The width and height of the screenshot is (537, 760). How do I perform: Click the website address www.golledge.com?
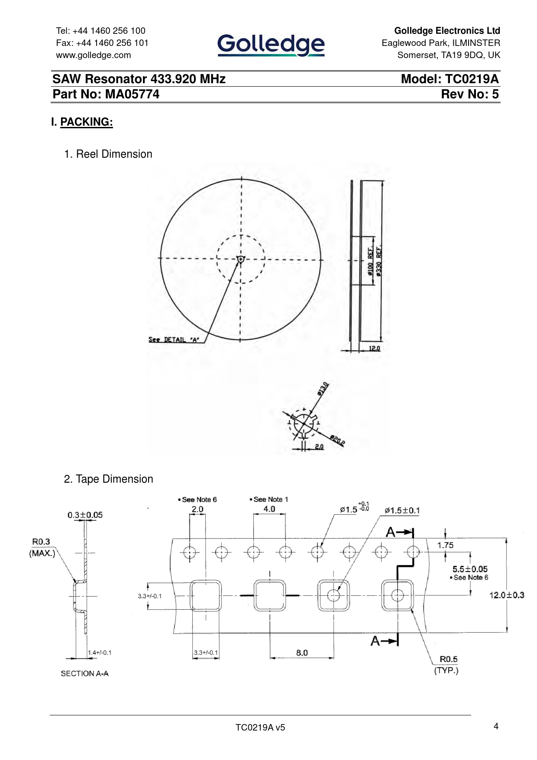pyautogui.click(x=94, y=55)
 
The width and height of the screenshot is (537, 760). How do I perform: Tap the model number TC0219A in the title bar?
pyautogui.click(x=472, y=79)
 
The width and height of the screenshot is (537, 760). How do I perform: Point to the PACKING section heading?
pyautogui.click(x=87, y=122)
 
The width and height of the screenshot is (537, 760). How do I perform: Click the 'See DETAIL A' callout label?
pyautogui.click(x=174, y=340)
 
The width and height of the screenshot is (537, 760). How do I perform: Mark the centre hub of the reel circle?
pyautogui.click(x=241, y=259)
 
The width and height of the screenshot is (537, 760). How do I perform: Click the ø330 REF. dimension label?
pyautogui.click(x=379, y=262)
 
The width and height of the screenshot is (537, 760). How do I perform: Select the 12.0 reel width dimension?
pyautogui.click(x=375, y=348)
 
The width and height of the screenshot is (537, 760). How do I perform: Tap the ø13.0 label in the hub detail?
pyautogui.click(x=323, y=389)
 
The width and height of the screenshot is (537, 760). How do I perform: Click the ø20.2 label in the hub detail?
pyautogui.click(x=337, y=440)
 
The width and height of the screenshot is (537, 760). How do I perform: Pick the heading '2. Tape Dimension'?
pyautogui.click(x=108, y=479)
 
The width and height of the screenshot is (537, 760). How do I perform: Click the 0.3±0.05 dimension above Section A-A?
pyautogui.click(x=85, y=515)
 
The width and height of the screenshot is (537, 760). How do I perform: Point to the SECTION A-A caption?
pyautogui.click(x=84, y=673)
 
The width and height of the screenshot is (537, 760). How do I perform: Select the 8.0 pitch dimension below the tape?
pyautogui.click(x=302, y=653)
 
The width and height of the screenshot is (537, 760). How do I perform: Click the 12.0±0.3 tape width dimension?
pyautogui.click(x=507, y=595)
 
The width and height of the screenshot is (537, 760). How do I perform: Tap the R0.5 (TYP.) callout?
pyautogui.click(x=447, y=665)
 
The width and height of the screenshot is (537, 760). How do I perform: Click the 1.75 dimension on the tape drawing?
pyautogui.click(x=445, y=545)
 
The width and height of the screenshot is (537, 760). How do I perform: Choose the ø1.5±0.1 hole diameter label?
pyautogui.click(x=402, y=510)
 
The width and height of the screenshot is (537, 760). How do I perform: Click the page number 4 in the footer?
pyautogui.click(x=496, y=726)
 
